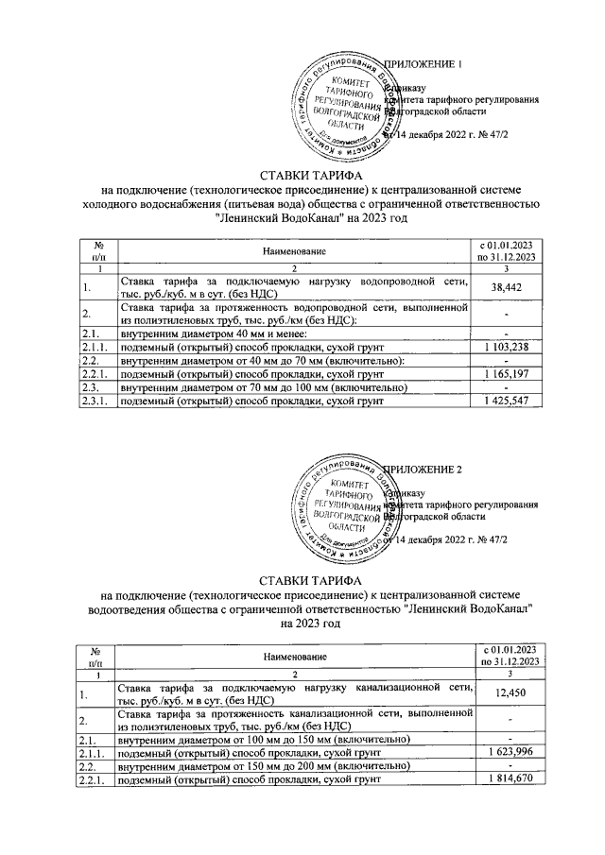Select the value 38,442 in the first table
508,286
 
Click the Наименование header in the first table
294,251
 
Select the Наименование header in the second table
294,656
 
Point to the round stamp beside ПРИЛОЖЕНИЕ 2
341,511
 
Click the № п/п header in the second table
95,656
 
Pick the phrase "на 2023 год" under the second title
302,624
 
